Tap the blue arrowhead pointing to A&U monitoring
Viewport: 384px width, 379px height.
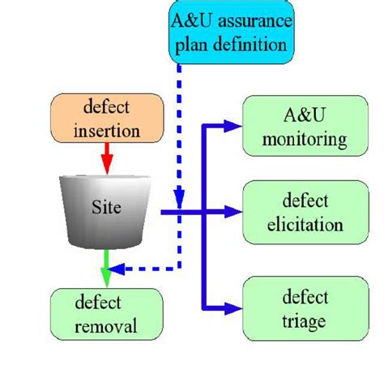(234, 126)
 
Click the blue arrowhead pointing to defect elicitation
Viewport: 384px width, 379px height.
(234, 213)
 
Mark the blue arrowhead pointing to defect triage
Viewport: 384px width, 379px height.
(234, 308)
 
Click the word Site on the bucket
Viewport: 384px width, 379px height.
(105, 208)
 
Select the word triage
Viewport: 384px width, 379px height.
(302, 321)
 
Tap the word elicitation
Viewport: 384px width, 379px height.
(302, 225)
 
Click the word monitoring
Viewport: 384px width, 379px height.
(302, 140)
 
